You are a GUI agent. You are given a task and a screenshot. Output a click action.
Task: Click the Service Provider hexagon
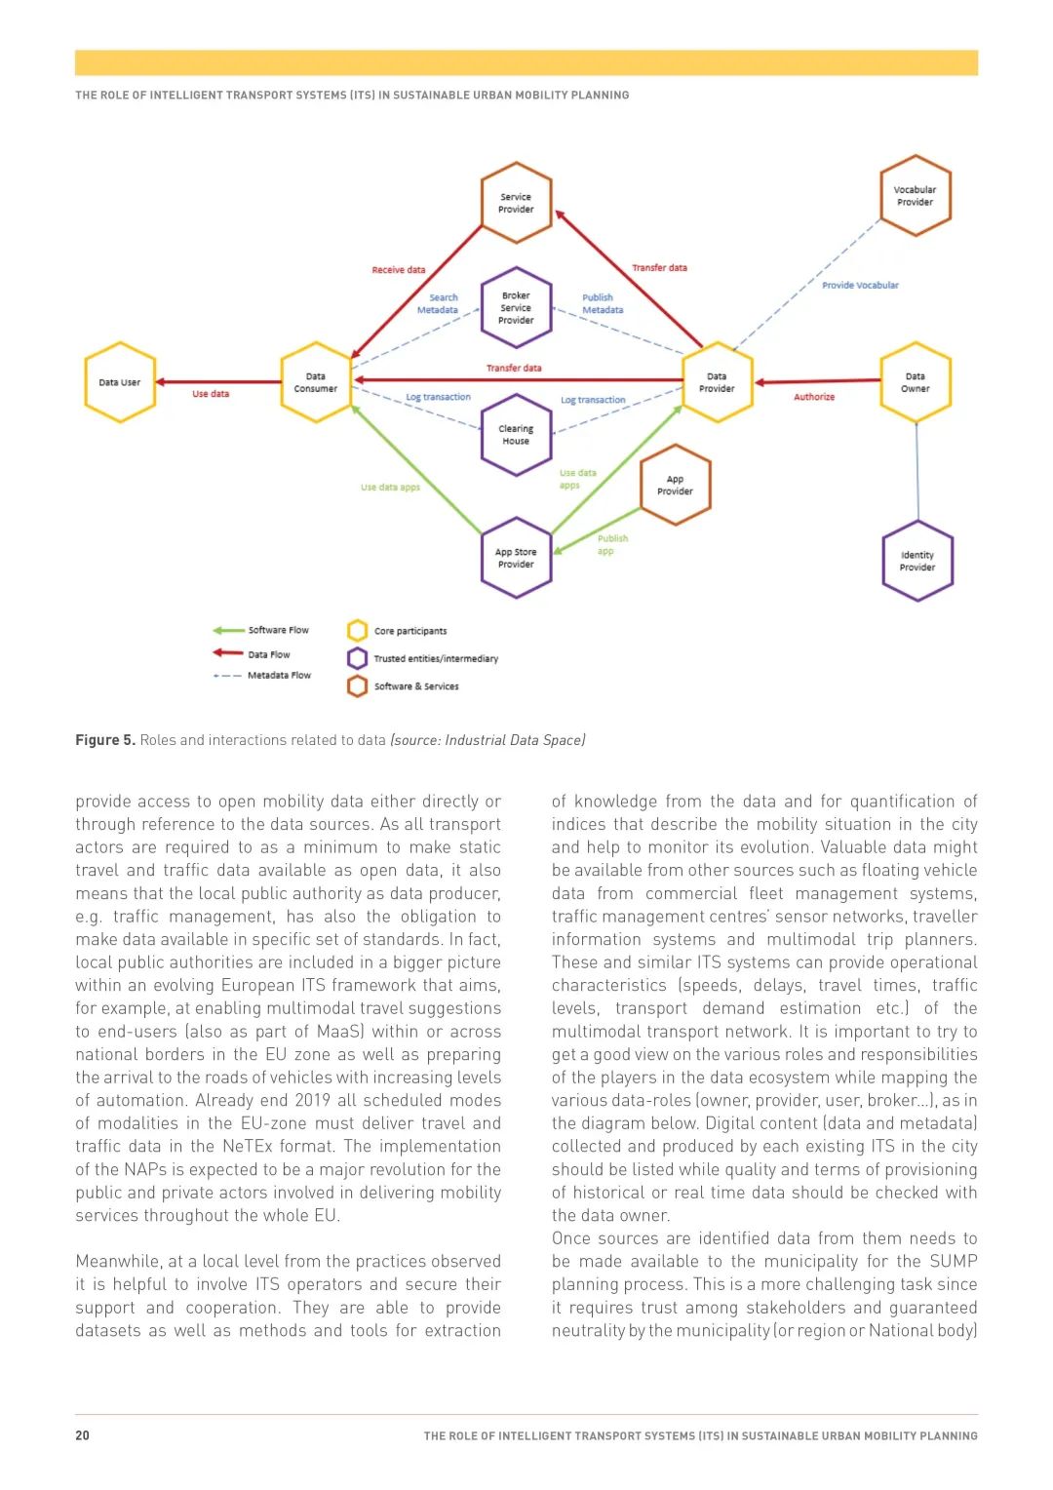point(516,203)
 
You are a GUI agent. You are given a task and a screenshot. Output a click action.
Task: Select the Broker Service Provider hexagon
point(516,308)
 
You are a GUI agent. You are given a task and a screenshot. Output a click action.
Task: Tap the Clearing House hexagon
point(516,435)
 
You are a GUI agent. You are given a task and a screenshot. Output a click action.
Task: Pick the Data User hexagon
point(120,382)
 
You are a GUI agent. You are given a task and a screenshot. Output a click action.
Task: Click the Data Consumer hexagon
point(316,382)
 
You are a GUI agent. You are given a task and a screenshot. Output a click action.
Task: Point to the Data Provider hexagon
point(717,382)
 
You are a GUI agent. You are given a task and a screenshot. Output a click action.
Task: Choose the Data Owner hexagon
point(915,382)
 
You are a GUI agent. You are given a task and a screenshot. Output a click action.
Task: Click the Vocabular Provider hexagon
point(915,196)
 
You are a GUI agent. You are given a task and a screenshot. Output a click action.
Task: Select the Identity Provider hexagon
point(916,561)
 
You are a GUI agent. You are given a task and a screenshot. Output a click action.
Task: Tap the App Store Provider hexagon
point(516,558)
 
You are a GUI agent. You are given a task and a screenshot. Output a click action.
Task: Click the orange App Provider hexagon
point(675,485)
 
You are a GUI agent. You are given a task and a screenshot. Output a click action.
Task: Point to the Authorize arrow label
point(814,397)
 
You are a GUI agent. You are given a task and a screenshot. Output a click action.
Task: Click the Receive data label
point(398,270)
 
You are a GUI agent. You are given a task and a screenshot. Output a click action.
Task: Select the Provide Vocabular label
point(860,286)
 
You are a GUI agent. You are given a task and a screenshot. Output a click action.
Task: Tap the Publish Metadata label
point(603,304)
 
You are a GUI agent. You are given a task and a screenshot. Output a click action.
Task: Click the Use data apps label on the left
point(390,488)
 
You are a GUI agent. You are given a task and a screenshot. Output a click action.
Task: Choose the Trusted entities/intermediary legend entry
point(435,659)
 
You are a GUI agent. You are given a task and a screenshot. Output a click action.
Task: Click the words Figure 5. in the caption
point(105,740)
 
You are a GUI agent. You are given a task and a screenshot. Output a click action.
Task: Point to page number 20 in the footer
point(83,1435)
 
